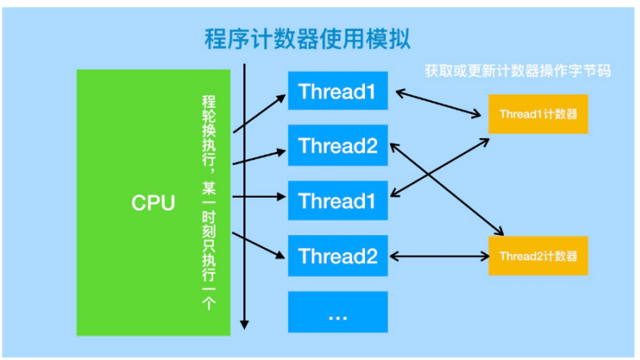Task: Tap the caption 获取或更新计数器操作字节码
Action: tap(518, 71)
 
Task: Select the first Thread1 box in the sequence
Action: tap(338, 91)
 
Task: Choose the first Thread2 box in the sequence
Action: tap(338, 146)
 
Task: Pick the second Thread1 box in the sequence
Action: tap(338, 201)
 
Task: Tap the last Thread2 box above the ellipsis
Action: tap(338, 256)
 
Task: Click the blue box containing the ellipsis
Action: tap(338, 313)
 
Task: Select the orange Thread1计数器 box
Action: tap(538, 114)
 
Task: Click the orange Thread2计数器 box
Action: tap(538, 256)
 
